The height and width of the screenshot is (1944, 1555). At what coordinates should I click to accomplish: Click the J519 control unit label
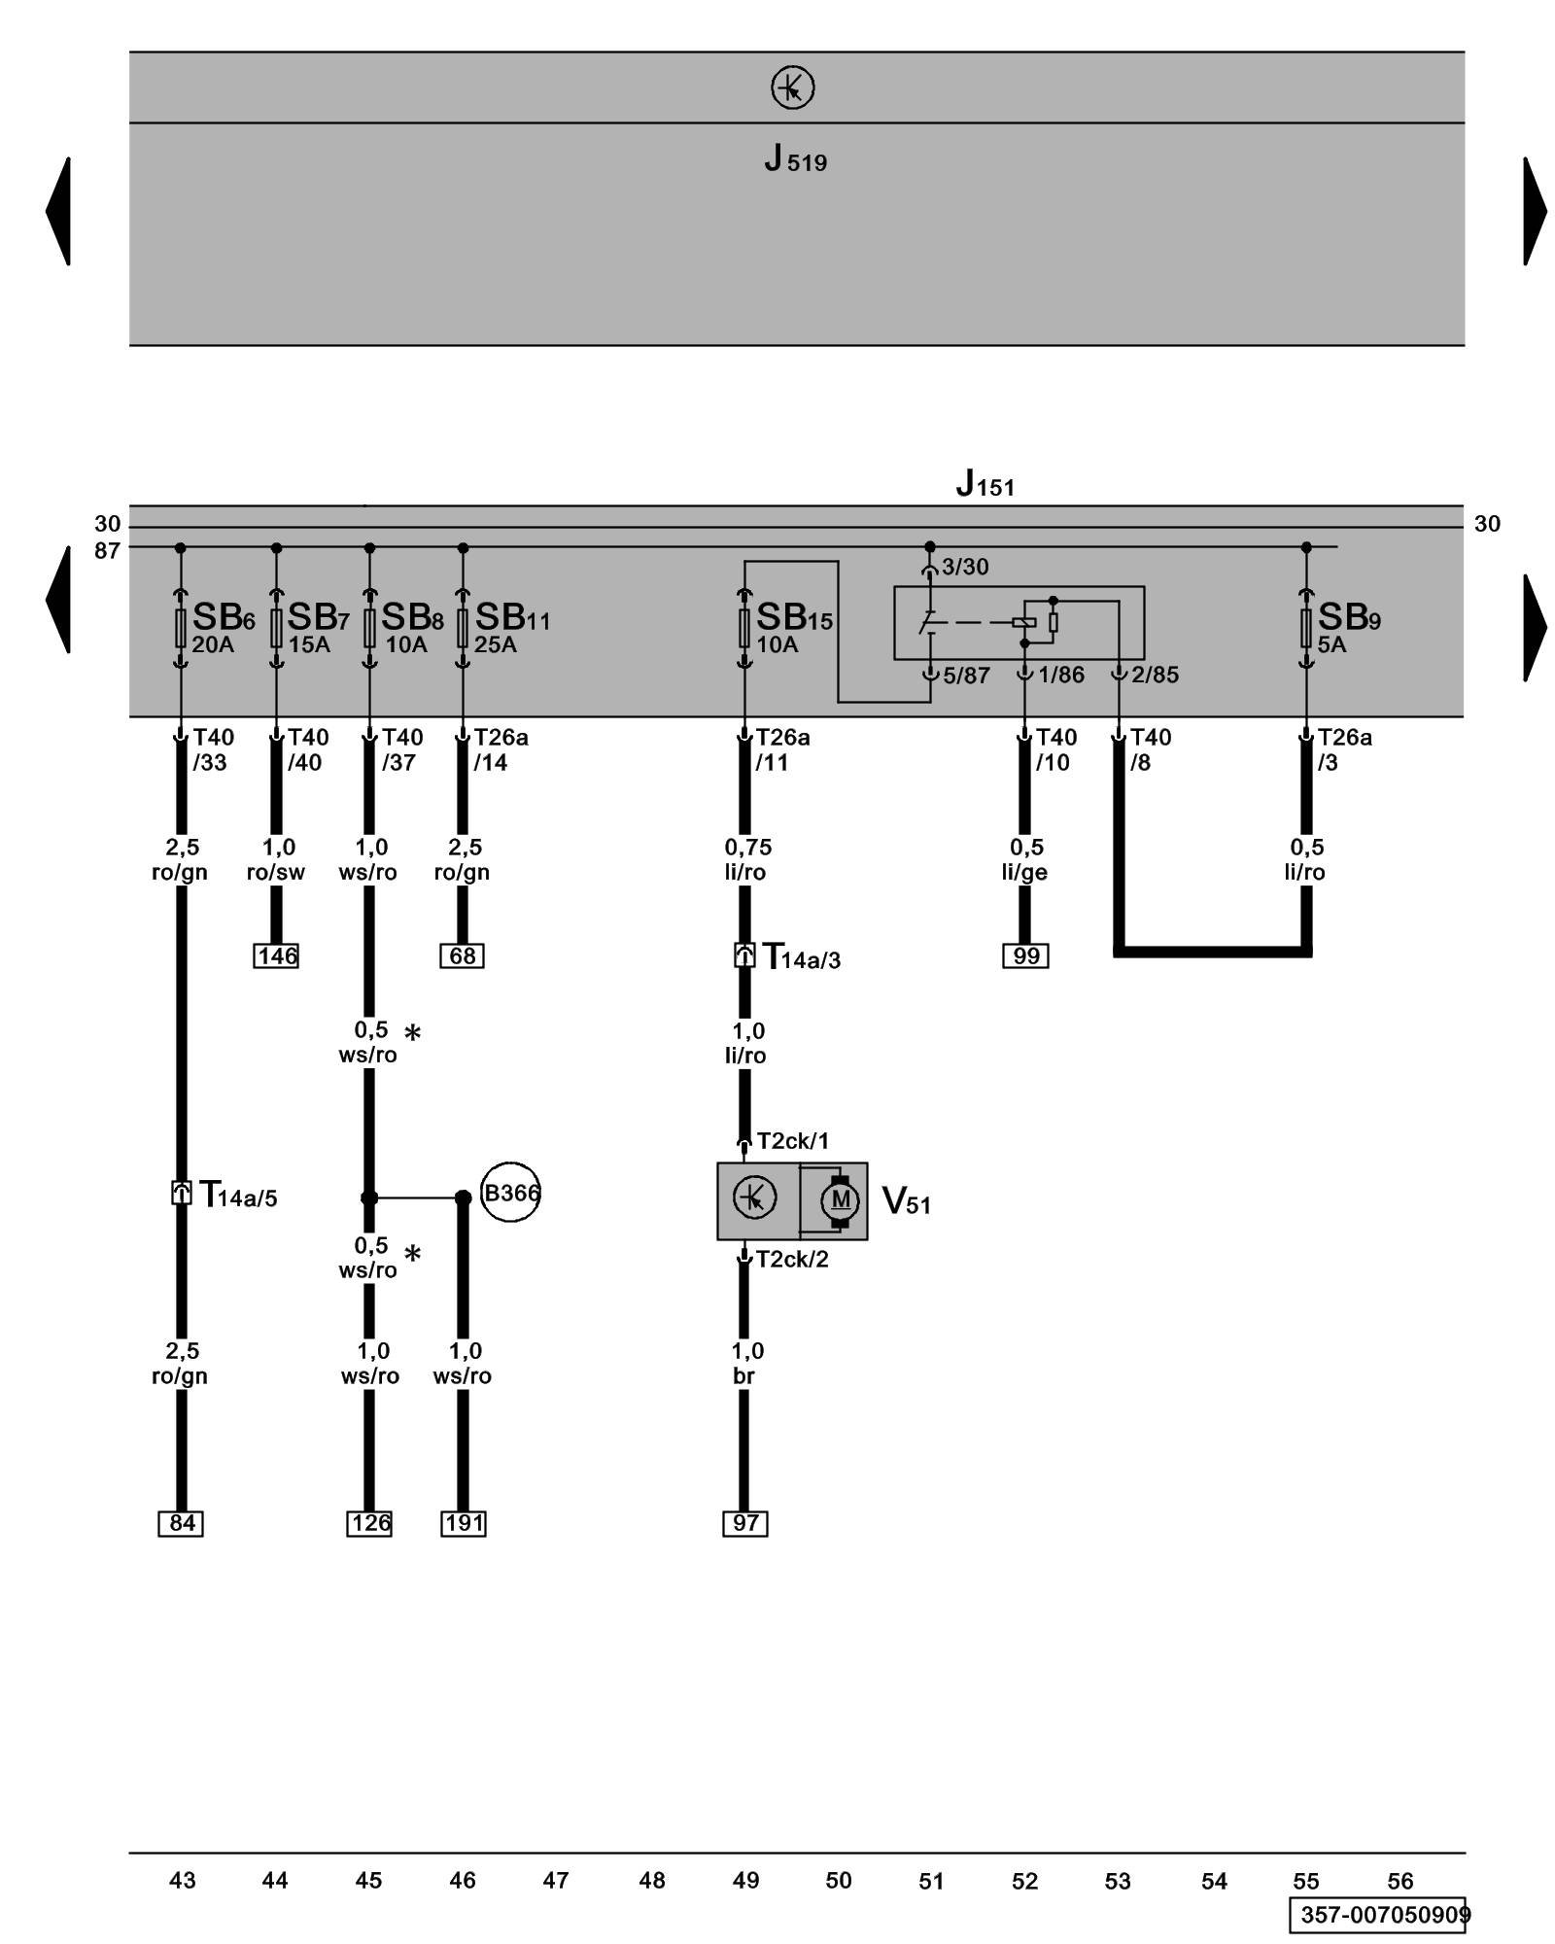click(x=795, y=157)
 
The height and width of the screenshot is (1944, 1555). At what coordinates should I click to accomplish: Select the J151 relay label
click(x=985, y=483)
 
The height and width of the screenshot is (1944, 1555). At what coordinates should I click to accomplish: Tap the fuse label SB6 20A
click(x=223, y=627)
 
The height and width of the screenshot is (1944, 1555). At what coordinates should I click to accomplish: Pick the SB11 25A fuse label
click(x=511, y=627)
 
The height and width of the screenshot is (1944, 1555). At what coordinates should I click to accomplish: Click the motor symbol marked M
click(x=841, y=1200)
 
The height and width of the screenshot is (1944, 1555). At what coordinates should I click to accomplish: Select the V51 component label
click(x=906, y=1201)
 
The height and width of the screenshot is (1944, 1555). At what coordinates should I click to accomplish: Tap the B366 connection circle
click(x=510, y=1192)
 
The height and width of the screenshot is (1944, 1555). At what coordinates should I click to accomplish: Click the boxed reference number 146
click(x=277, y=955)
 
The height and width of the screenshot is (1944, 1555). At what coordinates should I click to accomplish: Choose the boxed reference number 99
click(x=1025, y=955)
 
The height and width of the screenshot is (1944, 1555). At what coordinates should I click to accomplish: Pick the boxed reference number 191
click(x=464, y=1523)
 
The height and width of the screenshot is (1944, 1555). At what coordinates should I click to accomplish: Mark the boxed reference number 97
click(x=745, y=1523)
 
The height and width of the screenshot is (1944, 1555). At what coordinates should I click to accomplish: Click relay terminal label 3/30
click(x=965, y=567)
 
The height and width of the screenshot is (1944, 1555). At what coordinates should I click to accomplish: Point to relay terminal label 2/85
click(x=1155, y=675)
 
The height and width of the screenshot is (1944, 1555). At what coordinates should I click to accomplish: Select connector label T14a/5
click(x=237, y=1195)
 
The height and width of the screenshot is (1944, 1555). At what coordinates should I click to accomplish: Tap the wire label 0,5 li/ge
click(x=1025, y=859)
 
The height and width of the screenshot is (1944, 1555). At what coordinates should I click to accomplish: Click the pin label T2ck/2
click(x=792, y=1260)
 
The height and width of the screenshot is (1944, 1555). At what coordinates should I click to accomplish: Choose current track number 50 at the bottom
click(x=839, y=1881)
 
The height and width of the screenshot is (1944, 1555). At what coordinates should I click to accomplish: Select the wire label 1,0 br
click(x=746, y=1363)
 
